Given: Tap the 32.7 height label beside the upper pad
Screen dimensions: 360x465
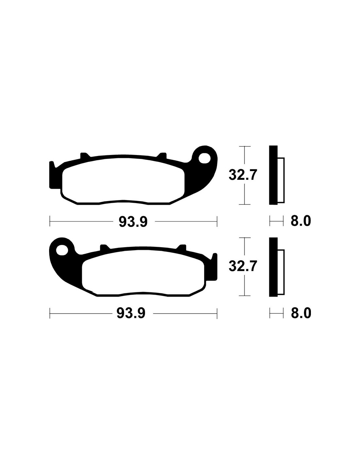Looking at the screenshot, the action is pyautogui.click(x=243, y=175).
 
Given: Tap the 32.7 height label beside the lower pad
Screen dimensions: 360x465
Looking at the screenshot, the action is pyautogui.click(x=243, y=266).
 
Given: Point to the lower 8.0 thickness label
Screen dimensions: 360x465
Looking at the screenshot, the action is pyautogui.click(x=300, y=313).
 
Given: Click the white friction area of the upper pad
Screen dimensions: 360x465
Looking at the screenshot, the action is pyautogui.click(x=123, y=181).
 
